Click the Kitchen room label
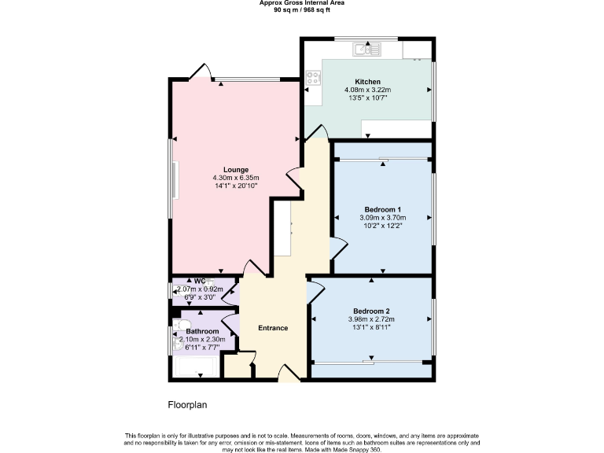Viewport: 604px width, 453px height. click(x=367, y=82)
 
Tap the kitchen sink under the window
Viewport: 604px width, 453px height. click(x=366, y=49)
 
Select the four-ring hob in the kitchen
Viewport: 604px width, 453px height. click(x=314, y=77)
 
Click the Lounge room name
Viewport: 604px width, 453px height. click(x=236, y=169)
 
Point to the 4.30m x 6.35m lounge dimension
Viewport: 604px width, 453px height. click(x=236, y=178)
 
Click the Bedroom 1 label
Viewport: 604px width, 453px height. click(x=383, y=208)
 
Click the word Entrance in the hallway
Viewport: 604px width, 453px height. click(x=273, y=328)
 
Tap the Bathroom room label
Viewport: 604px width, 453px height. click(x=202, y=331)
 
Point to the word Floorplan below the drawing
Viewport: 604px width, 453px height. click(x=187, y=405)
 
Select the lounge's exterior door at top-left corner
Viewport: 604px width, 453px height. click(x=200, y=72)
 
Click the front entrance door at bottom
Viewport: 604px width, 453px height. click(x=289, y=374)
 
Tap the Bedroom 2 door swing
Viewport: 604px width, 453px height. click(x=315, y=291)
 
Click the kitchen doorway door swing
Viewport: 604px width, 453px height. click(x=315, y=134)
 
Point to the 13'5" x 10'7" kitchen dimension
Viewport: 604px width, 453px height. click(x=367, y=99)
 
